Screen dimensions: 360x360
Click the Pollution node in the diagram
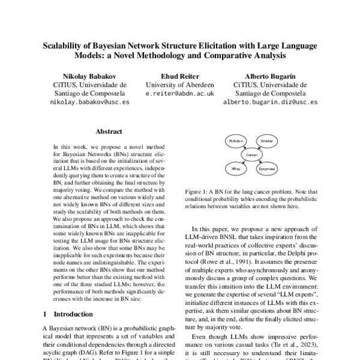235,140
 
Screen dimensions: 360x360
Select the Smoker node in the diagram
266,140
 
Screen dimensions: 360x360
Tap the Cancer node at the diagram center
251,155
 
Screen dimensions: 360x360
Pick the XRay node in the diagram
236,170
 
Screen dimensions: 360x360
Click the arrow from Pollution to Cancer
242,148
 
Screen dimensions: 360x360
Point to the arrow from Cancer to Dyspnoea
259,163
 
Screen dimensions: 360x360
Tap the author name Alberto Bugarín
270,76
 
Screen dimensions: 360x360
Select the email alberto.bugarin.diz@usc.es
270,103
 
